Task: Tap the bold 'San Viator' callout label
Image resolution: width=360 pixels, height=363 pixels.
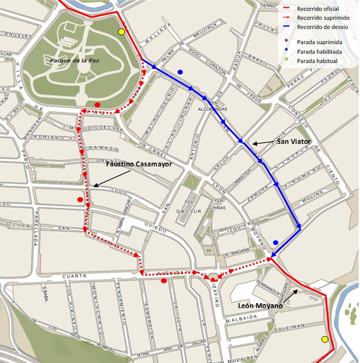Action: point(293,141)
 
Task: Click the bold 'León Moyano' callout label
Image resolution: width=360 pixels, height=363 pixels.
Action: point(259,305)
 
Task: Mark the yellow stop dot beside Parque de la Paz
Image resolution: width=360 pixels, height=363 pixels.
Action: point(121,32)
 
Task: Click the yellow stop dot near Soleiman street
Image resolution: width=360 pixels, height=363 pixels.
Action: point(324,339)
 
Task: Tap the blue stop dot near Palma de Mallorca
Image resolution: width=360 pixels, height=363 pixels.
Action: point(180,72)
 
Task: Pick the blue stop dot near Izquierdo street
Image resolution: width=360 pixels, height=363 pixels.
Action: point(276,242)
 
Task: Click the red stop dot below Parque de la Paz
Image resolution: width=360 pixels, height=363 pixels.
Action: point(97,104)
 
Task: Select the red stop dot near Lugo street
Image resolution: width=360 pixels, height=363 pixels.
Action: point(80,199)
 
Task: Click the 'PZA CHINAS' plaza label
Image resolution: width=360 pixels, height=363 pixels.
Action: point(219,203)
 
